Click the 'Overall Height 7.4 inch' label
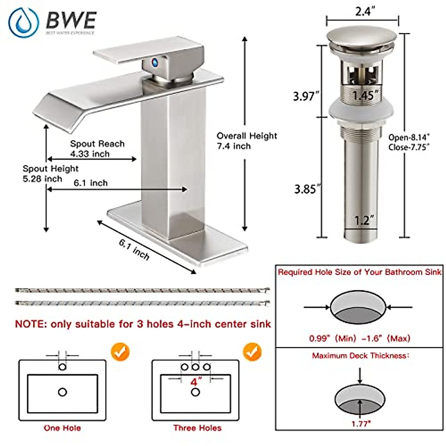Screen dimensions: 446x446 [247, 141]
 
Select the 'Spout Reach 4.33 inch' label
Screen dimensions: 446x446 [97, 149]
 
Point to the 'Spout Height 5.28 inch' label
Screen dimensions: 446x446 [50, 174]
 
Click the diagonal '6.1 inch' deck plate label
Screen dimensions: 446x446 [134, 249]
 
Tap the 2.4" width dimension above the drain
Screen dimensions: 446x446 [363, 12]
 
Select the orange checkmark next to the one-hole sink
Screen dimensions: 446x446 [120, 352]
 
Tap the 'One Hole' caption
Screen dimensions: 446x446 [62, 428]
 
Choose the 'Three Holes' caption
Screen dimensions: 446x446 [197, 428]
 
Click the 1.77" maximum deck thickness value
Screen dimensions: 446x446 [361, 424]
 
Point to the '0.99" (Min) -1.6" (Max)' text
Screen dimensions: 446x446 [359, 338]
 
